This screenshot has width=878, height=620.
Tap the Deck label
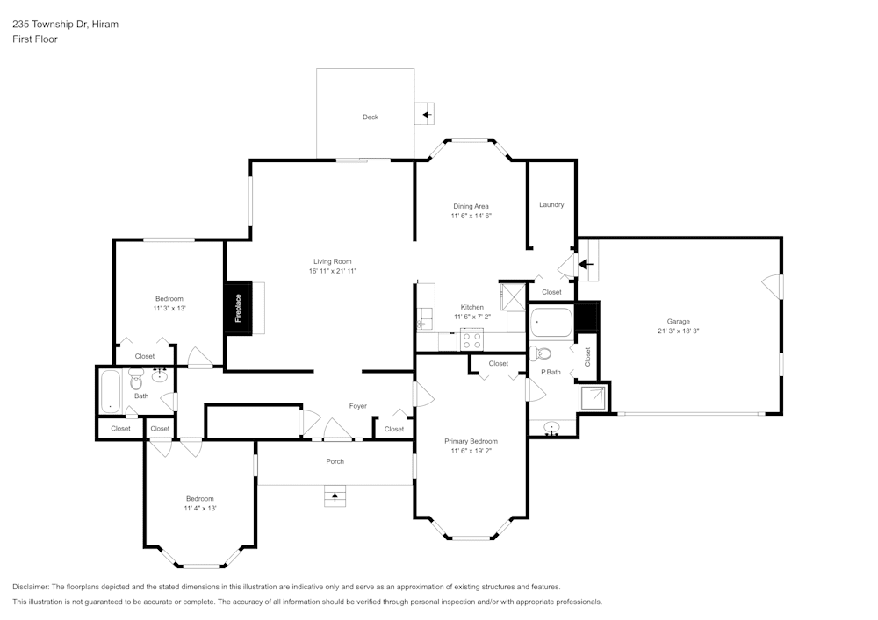point(371,117)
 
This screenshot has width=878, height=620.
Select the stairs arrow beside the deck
point(426,114)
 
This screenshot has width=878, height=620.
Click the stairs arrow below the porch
point(334,497)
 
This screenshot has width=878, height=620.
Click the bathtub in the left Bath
point(110,391)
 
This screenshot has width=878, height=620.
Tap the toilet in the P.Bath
point(542,353)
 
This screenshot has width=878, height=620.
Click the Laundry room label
point(551,204)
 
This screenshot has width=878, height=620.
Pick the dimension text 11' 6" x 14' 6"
point(471,216)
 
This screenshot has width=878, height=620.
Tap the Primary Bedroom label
point(471,441)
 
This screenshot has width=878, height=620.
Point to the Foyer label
point(358,406)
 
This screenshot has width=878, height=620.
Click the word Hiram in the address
point(104,25)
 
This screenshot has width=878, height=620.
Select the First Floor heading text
point(35,39)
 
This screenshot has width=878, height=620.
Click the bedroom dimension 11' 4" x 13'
point(200,508)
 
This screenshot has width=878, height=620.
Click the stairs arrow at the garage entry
point(586,263)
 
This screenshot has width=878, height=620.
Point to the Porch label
point(335,461)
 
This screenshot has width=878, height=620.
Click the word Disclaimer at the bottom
point(31,587)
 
